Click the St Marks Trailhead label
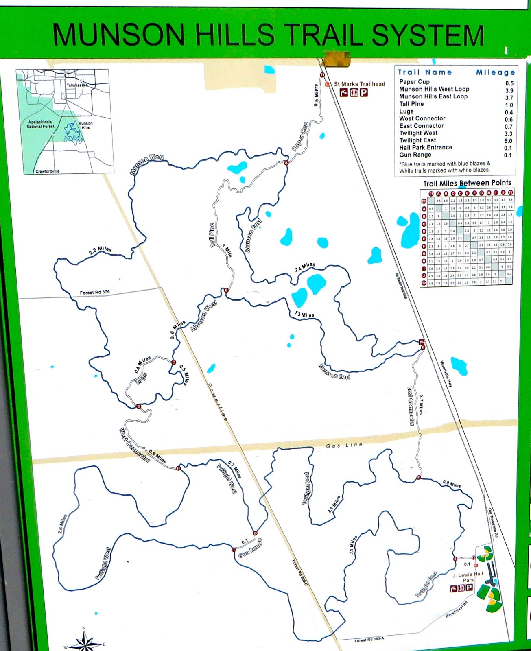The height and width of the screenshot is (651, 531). click(359, 84)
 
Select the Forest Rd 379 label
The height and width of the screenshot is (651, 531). click(95, 292)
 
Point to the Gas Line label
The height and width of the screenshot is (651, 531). click(344, 445)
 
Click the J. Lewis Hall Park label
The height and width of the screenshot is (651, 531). click(468, 577)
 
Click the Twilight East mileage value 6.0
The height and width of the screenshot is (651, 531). click(508, 141)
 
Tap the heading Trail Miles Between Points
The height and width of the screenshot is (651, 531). click(467, 183)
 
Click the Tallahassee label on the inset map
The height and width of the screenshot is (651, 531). click(77, 85)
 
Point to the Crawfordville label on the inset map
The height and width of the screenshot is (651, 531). click(47, 171)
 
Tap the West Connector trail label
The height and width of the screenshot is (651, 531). click(135, 445)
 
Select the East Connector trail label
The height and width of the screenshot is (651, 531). click(411, 406)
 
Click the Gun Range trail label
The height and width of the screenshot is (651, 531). click(250, 548)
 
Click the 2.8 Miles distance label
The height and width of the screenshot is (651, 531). click(100, 251)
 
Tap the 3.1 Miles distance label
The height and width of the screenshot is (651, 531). click(353, 546)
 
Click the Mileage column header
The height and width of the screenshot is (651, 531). click(495, 72)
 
